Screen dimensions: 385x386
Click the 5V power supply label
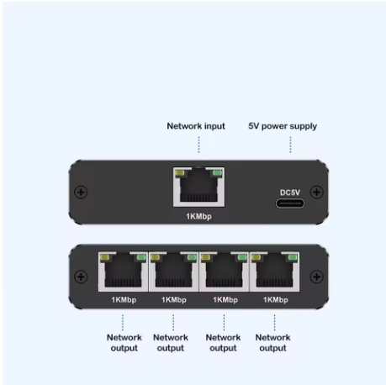point(282,126)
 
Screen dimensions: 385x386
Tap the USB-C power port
point(289,203)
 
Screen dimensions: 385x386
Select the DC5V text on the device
point(289,192)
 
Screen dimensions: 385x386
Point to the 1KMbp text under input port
point(198,216)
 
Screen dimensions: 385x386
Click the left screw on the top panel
point(81,192)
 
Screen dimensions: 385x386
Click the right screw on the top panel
point(316,192)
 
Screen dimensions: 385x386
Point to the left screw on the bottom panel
point(81,277)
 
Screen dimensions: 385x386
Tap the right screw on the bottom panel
point(316,277)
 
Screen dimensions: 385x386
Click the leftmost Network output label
point(124,342)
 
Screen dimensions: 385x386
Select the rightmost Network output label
point(272,342)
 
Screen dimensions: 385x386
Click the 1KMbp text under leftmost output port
point(123,299)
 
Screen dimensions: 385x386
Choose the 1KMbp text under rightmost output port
point(274,299)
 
